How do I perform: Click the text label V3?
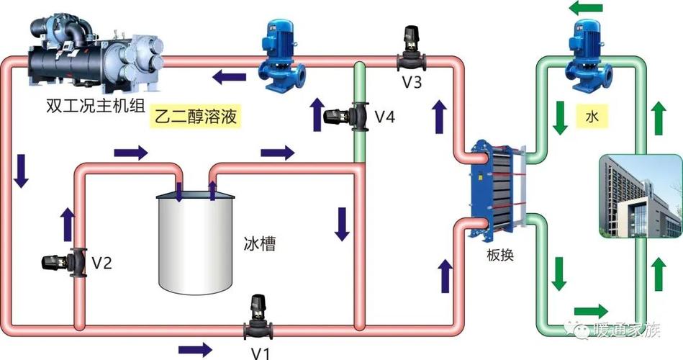(412, 81)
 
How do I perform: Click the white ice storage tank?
(195, 238)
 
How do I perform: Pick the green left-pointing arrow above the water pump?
(587, 9)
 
